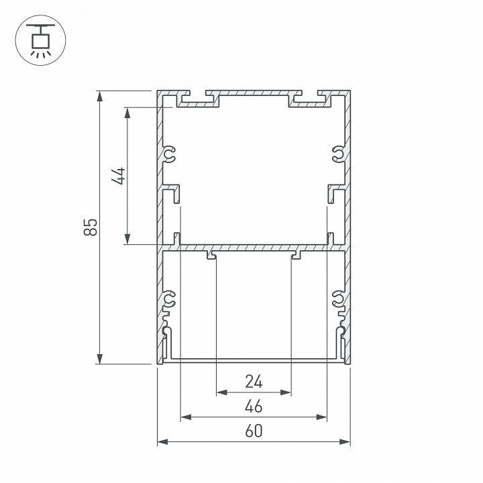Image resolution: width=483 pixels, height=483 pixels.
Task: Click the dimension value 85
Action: click(x=92, y=227)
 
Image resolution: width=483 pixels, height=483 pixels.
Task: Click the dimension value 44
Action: click(x=119, y=176)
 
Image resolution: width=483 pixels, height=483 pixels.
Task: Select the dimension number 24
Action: click(x=254, y=382)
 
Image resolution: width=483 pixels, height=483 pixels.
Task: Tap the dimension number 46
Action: click(x=254, y=407)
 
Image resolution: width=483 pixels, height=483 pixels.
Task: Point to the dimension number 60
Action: click(x=254, y=431)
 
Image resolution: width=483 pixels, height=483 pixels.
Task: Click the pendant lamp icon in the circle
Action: click(x=40, y=41)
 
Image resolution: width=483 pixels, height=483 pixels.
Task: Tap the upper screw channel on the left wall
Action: click(x=169, y=155)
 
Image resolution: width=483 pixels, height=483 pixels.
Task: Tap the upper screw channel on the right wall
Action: click(x=339, y=155)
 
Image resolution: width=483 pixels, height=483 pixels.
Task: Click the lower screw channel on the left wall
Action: click(x=169, y=299)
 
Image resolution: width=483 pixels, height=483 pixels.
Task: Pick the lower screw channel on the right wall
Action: click(x=339, y=299)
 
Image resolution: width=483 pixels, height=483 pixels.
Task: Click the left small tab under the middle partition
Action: click(x=211, y=256)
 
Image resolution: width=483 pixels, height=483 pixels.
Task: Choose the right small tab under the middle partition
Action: click(x=296, y=256)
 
